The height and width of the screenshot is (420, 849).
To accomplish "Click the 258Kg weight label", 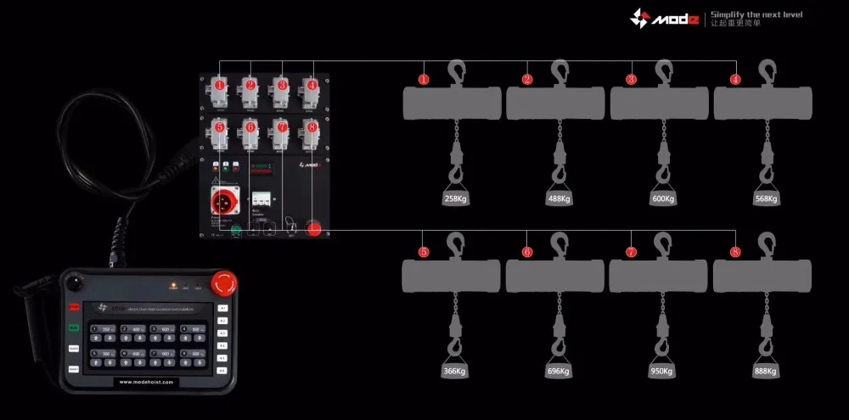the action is pyautogui.click(x=455, y=199).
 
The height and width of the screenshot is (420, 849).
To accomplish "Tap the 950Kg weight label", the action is pyautogui.click(x=662, y=371).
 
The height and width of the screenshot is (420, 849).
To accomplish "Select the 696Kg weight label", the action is pyautogui.click(x=558, y=371).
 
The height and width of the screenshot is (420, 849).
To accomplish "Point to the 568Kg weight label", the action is pyautogui.click(x=766, y=199).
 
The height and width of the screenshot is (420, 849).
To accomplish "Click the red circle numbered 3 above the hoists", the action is pyautogui.click(x=631, y=80).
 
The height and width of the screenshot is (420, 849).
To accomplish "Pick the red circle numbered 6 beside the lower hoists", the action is pyautogui.click(x=527, y=252).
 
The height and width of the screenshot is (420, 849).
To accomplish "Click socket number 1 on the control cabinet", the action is pyautogui.click(x=219, y=87).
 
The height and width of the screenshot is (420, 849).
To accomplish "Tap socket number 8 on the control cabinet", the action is pyautogui.click(x=312, y=128).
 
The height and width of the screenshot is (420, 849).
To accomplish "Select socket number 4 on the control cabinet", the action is pyautogui.click(x=312, y=87).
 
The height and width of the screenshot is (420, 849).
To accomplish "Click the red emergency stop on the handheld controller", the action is pyautogui.click(x=223, y=282).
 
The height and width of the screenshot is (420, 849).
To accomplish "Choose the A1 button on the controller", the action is pyautogui.click(x=223, y=308).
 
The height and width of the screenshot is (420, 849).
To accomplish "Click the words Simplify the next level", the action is pyautogui.click(x=756, y=14).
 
